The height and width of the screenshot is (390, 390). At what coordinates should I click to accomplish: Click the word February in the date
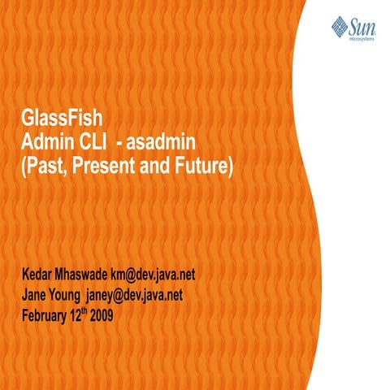(x=45, y=314)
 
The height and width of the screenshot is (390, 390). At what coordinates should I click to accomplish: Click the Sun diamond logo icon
(x=339, y=26)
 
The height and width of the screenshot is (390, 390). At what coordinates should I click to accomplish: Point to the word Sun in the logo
(x=362, y=24)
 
